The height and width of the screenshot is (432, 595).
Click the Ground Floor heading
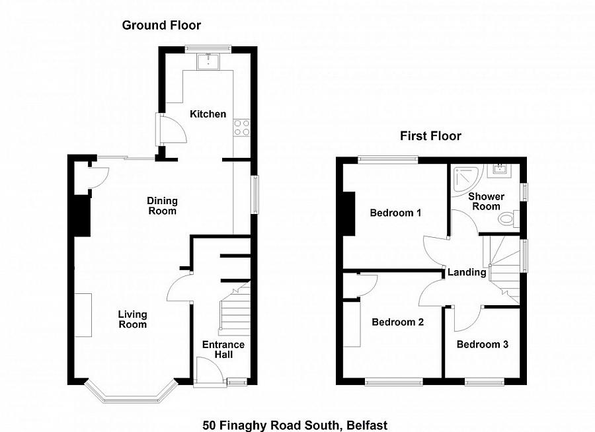(x=161, y=26)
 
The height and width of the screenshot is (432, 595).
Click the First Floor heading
(x=430, y=136)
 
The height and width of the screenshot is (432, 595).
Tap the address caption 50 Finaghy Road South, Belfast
(x=295, y=425)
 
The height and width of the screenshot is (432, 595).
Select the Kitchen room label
(x=208, y=114)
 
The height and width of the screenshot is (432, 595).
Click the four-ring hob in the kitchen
(x=242, y=127)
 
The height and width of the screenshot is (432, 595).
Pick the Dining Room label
(x=162, y=206)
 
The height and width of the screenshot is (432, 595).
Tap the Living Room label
(x=132, y=319)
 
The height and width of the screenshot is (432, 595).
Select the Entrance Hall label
(x=223, y=349)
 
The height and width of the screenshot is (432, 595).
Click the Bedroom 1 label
(x=395, y=213)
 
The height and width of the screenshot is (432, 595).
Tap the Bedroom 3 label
(x=483, y=344)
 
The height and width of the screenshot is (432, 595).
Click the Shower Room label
(x=486, y=201)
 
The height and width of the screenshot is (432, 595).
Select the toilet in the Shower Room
(x=508, y=219)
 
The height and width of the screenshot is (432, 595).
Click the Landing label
(x=467, y=272)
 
